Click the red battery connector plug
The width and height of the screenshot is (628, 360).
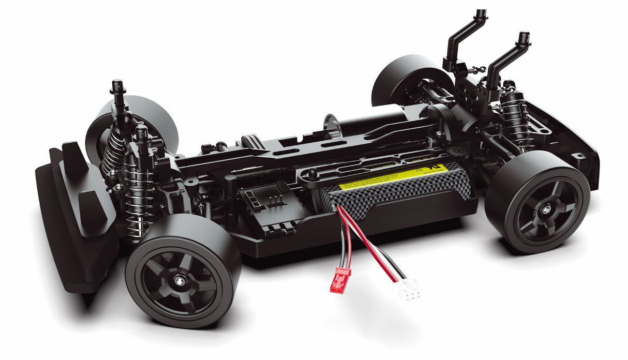tap(339, 279)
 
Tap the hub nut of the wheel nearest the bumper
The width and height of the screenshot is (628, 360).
tap(180, 280)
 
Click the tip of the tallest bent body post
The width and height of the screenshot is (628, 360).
tap(481, 13)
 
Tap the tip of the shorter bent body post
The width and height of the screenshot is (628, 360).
tap(524, 37)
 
